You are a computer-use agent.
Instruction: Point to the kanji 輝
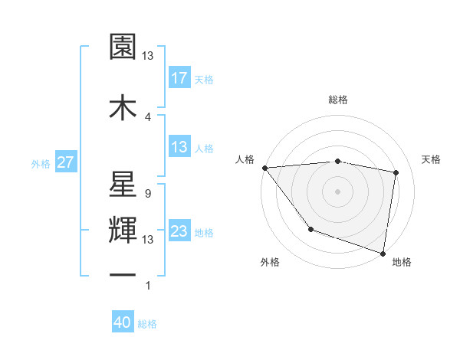(123, 228)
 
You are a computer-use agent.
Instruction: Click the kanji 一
(123, 273)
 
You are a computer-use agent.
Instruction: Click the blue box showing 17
(179, 77)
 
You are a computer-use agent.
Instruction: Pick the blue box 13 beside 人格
(179, 148)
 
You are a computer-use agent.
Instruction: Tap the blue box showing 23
(179, 232)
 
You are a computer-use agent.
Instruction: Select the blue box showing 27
(65, 162)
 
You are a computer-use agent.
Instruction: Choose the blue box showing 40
(123, 323)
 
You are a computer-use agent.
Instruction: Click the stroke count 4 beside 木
(148, 116)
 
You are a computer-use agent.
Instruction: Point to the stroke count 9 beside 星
(147, 194)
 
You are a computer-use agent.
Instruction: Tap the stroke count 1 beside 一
(148, 286)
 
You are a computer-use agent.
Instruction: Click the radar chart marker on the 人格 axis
(264, 168)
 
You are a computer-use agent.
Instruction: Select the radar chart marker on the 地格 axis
(383, 253)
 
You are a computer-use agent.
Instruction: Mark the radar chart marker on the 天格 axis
(396, 172)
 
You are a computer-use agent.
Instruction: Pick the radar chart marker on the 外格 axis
(310, 229)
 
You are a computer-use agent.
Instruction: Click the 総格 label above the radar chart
(338, 100)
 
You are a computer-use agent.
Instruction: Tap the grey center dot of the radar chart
(338, 191)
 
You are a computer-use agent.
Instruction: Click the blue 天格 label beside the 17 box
(205, 78)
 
